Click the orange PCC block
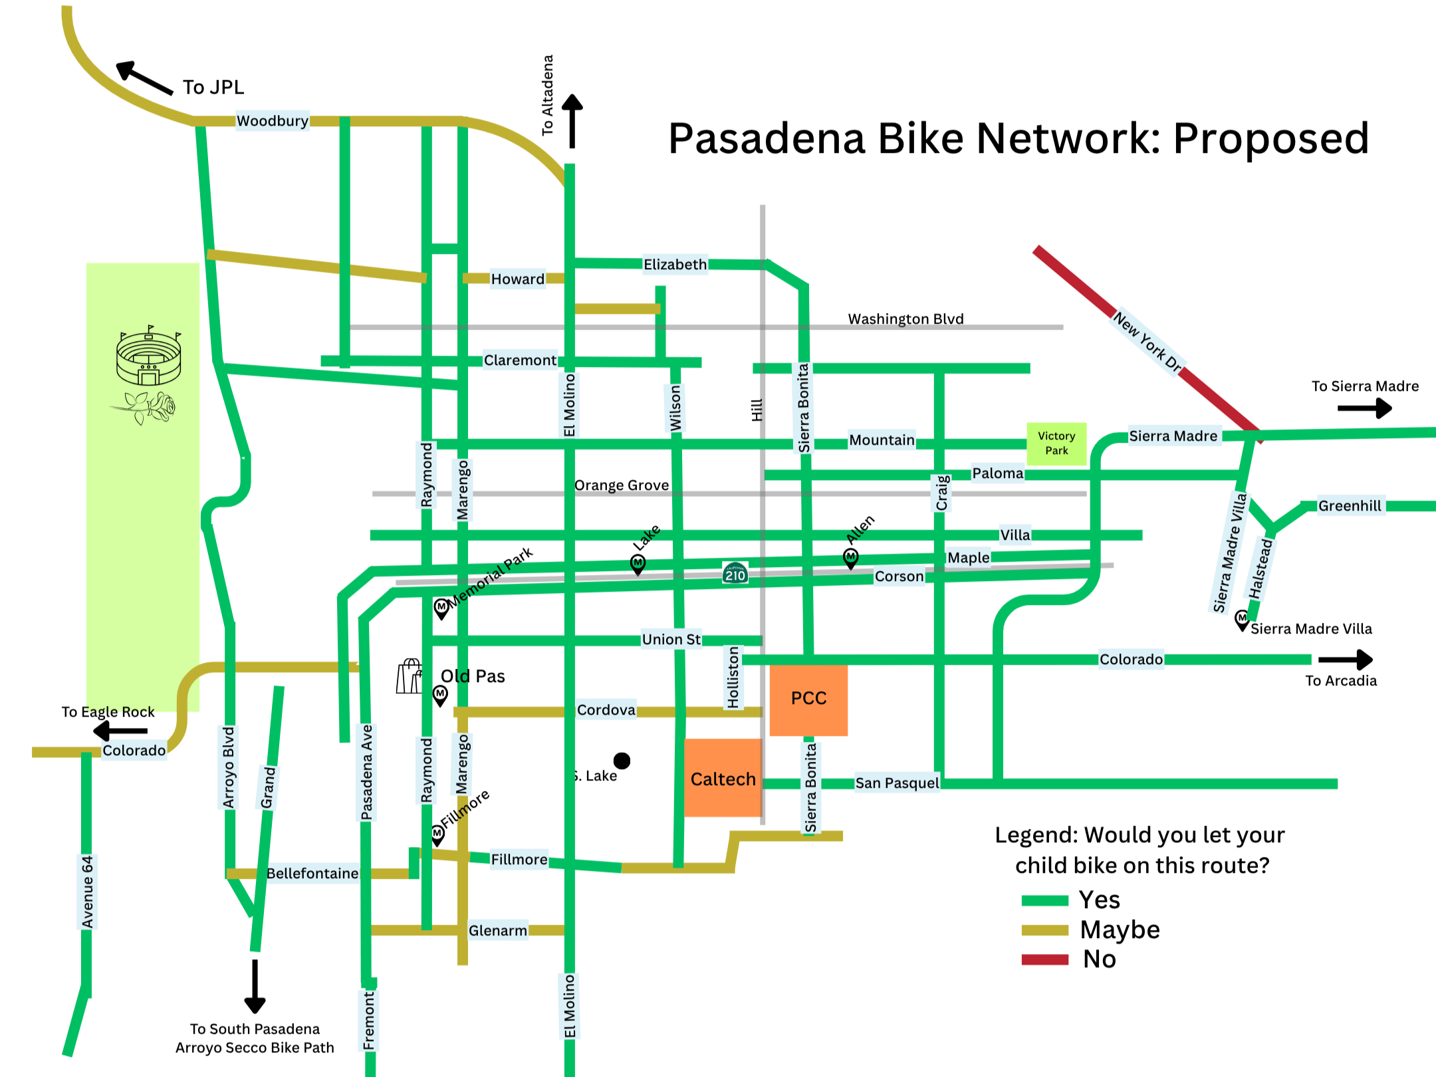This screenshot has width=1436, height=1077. tap(808, 699)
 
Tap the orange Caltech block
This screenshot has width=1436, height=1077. tap(723, 778)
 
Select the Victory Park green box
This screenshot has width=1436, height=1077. tap(1056, 443)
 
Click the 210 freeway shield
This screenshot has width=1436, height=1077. tap(735, 573)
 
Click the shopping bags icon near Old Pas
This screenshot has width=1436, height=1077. tap(410, 677)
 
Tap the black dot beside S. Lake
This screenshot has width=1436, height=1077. tap(622, 760)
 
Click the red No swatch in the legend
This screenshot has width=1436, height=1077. tap(1044, 959)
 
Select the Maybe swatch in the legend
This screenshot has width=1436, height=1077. tap(1044, 930)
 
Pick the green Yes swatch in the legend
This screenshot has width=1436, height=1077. tap(1044, 901)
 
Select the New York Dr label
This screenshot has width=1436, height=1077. tap(1147, 342)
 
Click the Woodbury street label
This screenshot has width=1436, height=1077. tap(273, 121)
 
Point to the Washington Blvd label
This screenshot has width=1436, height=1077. tap(905, 319)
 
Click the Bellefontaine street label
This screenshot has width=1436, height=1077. tap(312, 874)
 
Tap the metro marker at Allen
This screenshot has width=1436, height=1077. tap(850, 557)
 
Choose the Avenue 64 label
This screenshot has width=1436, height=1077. tap(88, 892)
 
